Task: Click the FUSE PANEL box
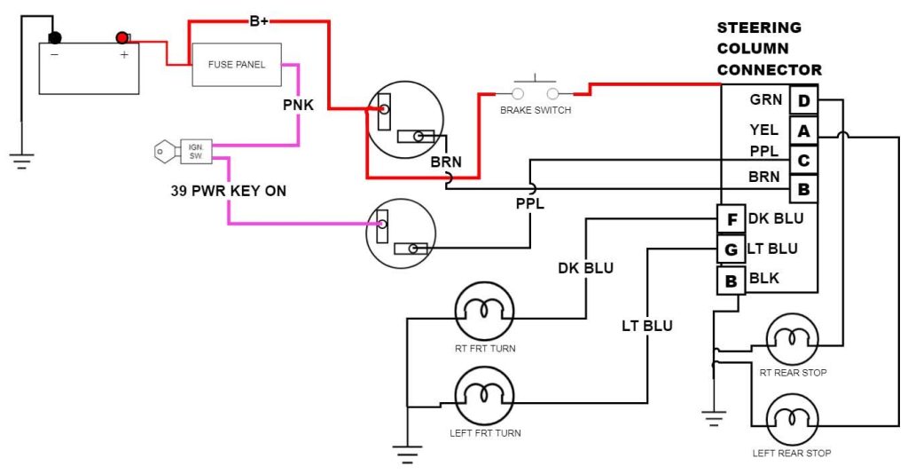click(237, 65)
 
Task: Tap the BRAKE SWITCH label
click(536, 110)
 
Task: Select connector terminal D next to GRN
click(803, 101)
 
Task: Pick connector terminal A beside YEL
click(803, 131)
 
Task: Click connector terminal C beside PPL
click(803, 161)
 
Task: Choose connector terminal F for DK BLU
click(731, 219)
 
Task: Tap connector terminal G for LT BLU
click(731, 249)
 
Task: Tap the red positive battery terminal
click(121, 37)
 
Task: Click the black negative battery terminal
click(55, 37)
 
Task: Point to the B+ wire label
click(259, 20)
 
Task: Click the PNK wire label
click(298, 106)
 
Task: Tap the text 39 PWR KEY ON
click(228, 191)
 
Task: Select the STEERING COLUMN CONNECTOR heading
click(769, 49)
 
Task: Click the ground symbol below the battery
click(21, 161)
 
